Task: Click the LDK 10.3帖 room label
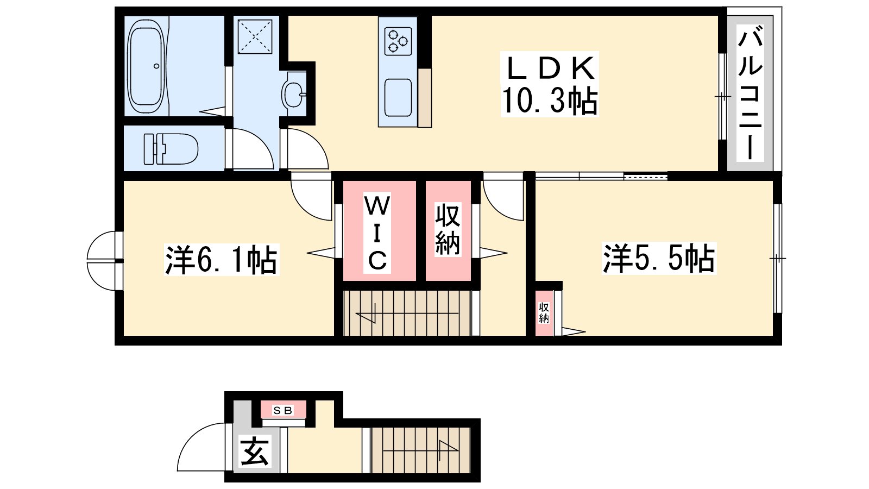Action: click(549, 84)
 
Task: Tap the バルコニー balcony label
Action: click(750, 93)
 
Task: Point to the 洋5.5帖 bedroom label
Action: click(659, 259)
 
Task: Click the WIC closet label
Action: click(377, 233)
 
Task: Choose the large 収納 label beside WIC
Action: click(448, 229)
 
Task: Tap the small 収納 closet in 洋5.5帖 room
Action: click(544, 313)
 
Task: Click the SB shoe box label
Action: click(282, 410)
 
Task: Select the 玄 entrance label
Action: click(255, 452)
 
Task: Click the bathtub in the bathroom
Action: click(146, 66)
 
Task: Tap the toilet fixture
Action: click(171, 149)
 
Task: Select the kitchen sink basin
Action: click(398, 97)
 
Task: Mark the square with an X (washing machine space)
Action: click(255, 36)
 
